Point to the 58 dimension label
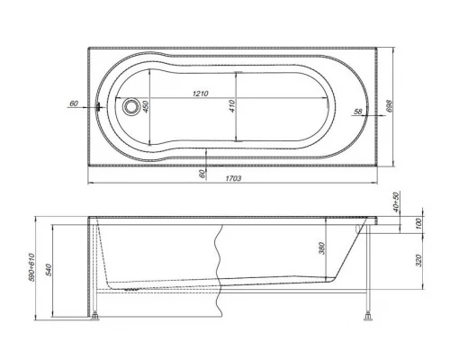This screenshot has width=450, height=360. pos(358,111)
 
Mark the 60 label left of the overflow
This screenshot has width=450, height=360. pos(73,103)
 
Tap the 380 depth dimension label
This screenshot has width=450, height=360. pos(321,248)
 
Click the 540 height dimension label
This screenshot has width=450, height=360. pos(60,269)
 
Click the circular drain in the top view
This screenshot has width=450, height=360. pos(133,106)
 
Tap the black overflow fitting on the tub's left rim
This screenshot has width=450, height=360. pos(101,106)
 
